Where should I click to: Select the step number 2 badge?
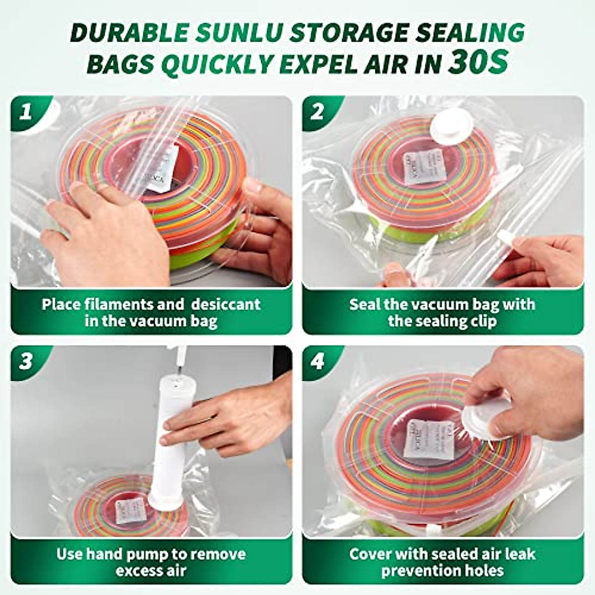click(317, 112)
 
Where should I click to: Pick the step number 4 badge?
click(317, 361)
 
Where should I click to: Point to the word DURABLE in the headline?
click(129, 33)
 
